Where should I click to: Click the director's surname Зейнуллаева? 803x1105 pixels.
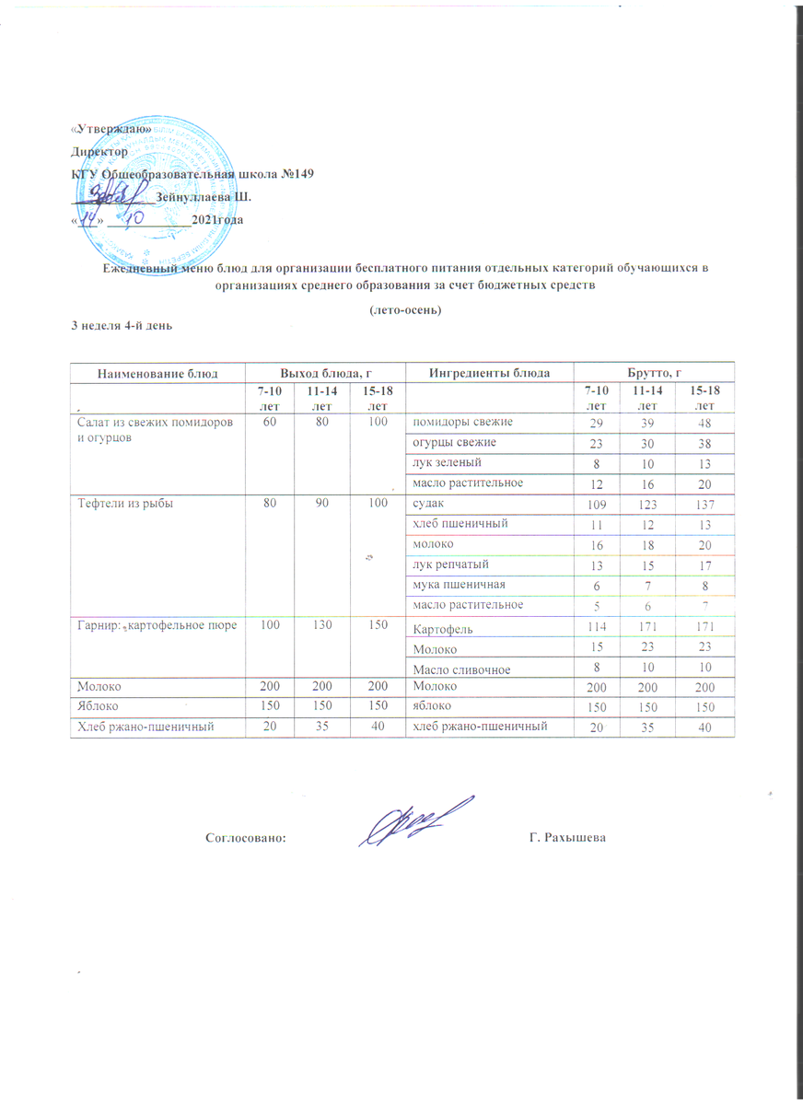(198, 197)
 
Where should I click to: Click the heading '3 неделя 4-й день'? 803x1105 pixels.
(122, 327)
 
